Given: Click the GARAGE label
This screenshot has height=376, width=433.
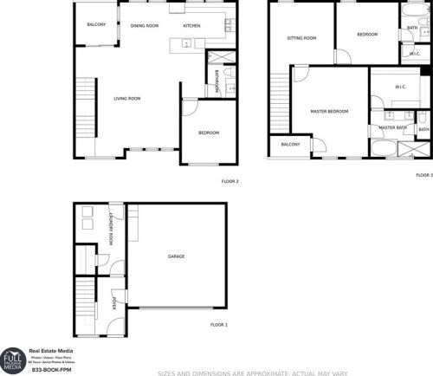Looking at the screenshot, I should point(176,256).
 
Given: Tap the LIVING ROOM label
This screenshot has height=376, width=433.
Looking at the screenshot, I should point(127,99).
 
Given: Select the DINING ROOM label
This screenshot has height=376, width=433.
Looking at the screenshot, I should point(145,26).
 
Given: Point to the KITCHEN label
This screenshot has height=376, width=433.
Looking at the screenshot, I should point(191,26).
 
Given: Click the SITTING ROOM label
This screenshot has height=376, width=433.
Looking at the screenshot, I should point(302,38).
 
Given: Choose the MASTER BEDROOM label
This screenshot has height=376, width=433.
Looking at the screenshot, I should point(330,112).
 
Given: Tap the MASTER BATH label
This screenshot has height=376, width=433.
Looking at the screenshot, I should point(393,128).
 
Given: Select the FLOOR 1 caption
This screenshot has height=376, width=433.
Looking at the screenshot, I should point(219,324).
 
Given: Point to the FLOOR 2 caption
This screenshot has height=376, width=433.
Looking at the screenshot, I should point(230,181).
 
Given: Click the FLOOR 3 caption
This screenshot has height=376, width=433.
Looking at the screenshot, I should point(423,175).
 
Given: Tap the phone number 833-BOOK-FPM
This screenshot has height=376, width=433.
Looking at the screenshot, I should point(49,370).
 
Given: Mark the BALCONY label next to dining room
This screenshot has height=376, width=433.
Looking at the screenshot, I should point(96,24).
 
